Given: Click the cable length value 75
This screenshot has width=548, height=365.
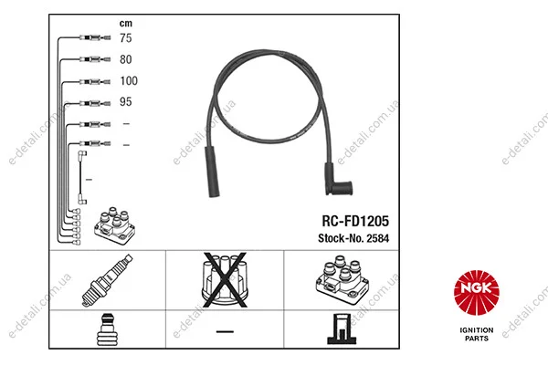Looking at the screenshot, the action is pos(126,37).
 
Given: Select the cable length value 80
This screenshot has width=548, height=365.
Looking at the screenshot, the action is pos(126,59).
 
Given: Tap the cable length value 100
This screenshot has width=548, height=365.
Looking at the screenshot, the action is pos(129,80).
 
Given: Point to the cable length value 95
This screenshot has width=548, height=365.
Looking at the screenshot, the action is pos(126,101).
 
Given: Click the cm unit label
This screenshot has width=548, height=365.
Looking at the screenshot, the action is pos(126,24).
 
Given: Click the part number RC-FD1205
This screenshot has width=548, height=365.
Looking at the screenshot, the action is pos(355,221).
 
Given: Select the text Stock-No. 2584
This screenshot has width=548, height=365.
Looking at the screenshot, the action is pos(353,238).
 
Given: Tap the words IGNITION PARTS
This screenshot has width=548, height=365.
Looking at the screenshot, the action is pos(477,334).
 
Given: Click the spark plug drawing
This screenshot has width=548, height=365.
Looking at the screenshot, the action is pos(107,280).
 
